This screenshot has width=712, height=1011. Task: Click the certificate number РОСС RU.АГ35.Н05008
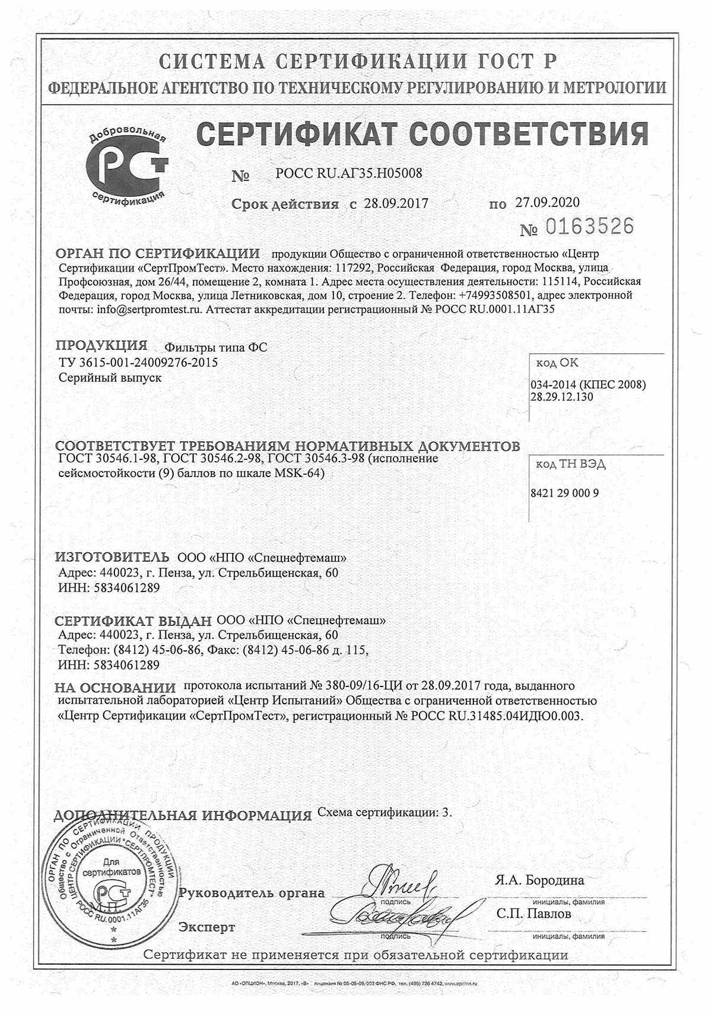349,174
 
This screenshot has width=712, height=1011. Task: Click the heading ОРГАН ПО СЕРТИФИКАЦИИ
157,253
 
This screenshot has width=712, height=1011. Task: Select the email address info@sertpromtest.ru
150,309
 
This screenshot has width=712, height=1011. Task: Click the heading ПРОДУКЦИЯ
101,346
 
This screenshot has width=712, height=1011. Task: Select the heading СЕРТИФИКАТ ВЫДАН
133,621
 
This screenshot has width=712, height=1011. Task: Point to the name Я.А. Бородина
539,880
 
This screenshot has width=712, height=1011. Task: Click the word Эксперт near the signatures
207,927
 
